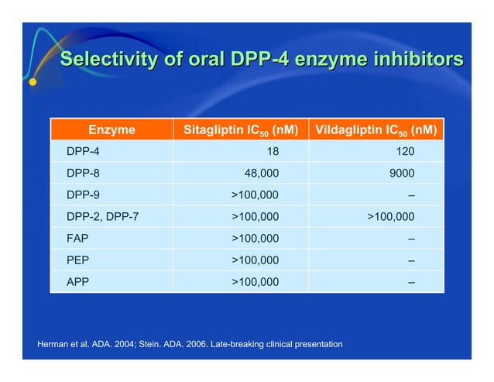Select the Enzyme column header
[111, 130]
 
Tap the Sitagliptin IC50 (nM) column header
[240, 130]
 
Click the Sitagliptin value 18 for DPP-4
[273, 152]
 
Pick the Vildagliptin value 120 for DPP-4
[405, 152]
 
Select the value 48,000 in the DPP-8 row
[262, 174]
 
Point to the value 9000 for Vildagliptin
[401, 174]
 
